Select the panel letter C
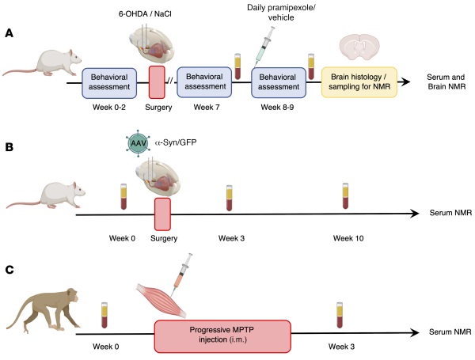click(9, 270)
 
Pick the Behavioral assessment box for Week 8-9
click(278, 80)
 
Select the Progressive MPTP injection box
click(222, 334)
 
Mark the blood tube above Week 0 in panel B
click(123, 196)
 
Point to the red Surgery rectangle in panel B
click(162, 214)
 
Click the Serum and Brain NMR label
click(446, 80)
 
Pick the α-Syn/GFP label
click(176, 142)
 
